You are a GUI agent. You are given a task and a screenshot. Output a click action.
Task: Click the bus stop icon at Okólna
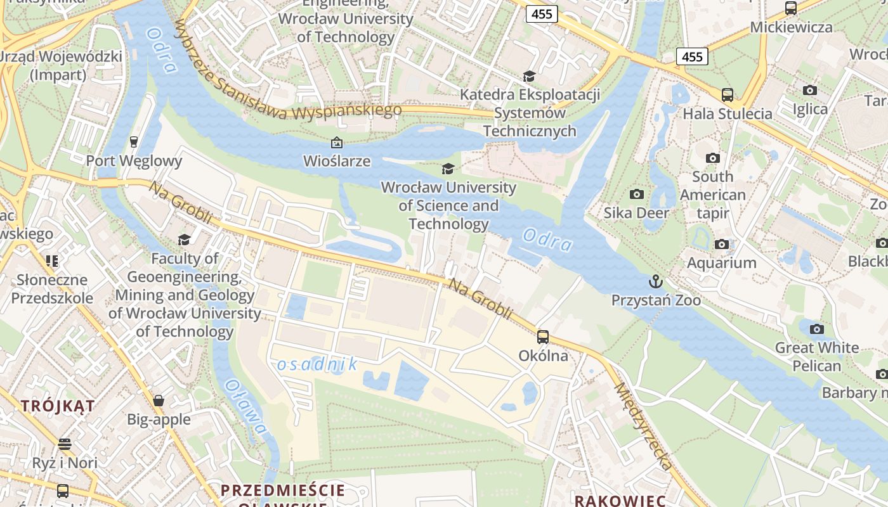coord(543,337)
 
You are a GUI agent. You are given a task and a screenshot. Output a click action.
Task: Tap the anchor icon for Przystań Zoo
coord(655,281)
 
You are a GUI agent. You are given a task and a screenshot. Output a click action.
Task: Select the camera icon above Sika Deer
coord(636,194)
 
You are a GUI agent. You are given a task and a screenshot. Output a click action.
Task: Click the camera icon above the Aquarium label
coord(721,244)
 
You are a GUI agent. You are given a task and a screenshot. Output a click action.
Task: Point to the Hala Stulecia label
coord(727,114)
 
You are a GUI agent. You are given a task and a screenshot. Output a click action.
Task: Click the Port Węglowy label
coord(134,160)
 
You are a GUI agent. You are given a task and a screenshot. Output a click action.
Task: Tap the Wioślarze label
coord(337,161)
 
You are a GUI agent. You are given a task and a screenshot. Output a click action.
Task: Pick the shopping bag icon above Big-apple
coord(159,401)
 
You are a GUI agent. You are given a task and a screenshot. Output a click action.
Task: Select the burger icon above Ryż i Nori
coord(65,444)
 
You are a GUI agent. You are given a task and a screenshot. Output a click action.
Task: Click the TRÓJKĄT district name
coord(58,406)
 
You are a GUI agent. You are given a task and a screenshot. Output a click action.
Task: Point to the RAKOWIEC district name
coord(620,500)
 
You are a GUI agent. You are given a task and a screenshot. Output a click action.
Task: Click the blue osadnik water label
coord(317,364)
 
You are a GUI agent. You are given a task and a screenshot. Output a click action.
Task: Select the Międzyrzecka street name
coord(643,426)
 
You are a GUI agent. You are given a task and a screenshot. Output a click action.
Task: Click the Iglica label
coord(810,109)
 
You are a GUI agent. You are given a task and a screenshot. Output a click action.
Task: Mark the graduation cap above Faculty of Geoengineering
coord(184,240)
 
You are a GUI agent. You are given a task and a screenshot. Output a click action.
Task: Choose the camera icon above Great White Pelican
coord(817,329)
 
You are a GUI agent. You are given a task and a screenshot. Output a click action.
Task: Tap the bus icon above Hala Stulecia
coord(727,95)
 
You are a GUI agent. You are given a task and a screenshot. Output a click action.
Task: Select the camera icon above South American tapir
coord(713,158)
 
